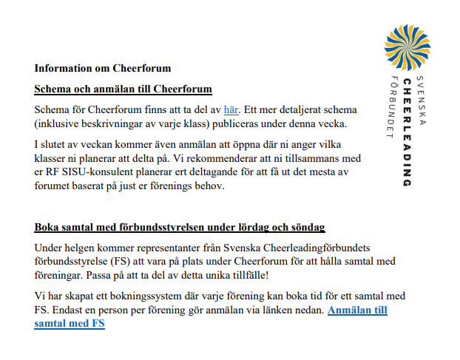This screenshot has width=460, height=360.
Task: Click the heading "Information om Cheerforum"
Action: pyautogui.click(x=102, y=69)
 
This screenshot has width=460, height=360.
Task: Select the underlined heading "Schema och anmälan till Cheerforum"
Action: pyautogui.click(x=123, y=89)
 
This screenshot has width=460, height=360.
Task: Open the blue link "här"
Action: pyautogui.click(x=231, y=110)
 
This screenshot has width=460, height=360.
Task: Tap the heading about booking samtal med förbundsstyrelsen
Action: pyautogui.click(x=180, y=227)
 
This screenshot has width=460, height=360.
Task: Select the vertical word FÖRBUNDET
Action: pyautogui.click(x=393, y=107)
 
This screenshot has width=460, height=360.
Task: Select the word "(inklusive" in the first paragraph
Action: pyautogui.click(x=58, y=123)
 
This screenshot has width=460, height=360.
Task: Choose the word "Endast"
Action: pyautogui.click(x=70, y=310)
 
